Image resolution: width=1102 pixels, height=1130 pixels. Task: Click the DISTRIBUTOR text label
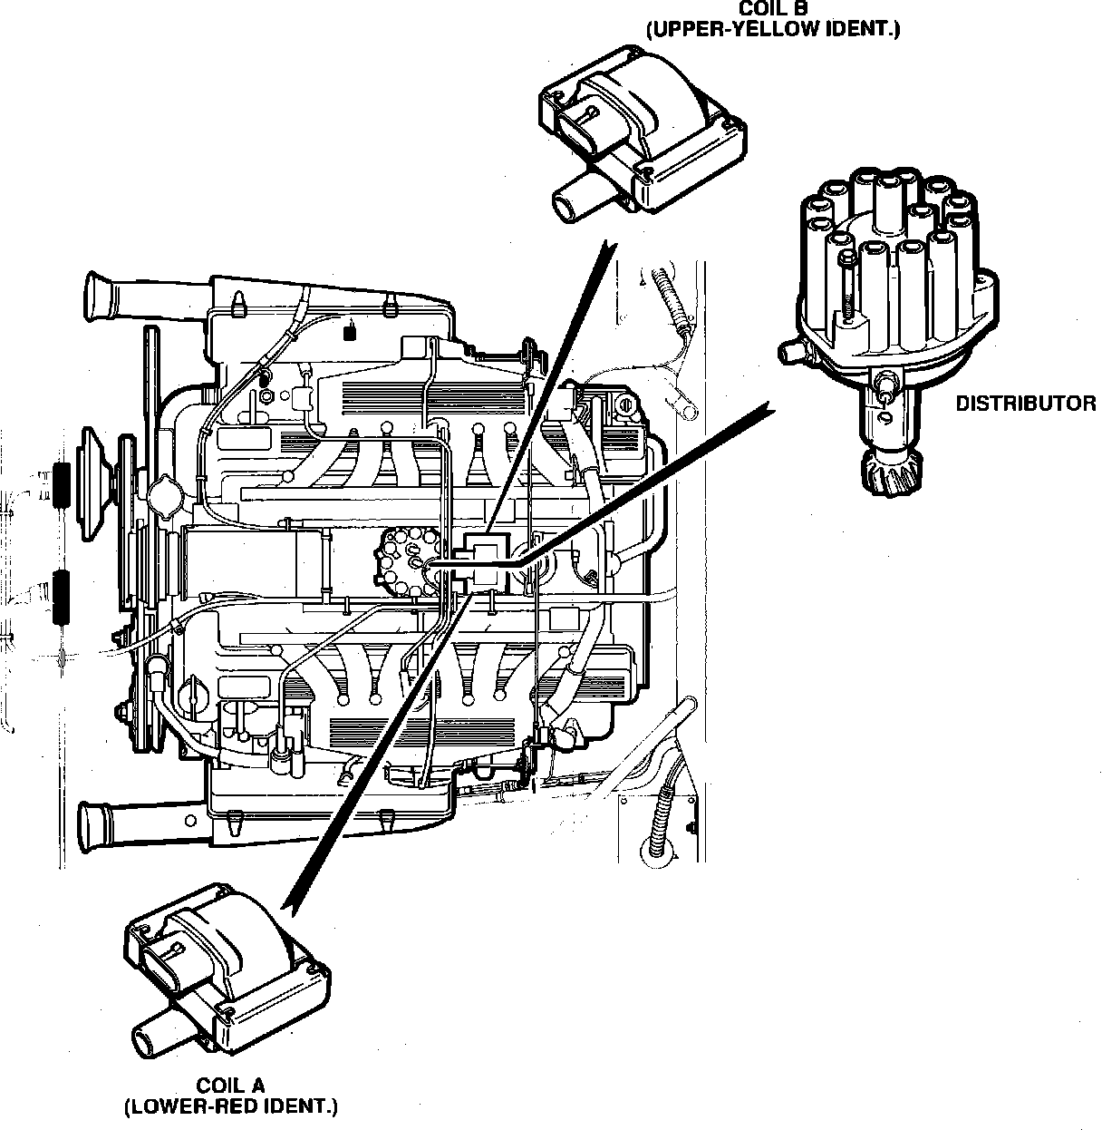coord(1025,404)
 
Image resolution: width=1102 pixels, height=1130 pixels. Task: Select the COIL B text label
coord(773,8)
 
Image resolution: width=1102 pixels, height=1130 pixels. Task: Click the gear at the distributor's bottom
coord(892,474)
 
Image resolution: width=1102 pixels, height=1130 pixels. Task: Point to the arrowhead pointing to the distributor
coord(768,409)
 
